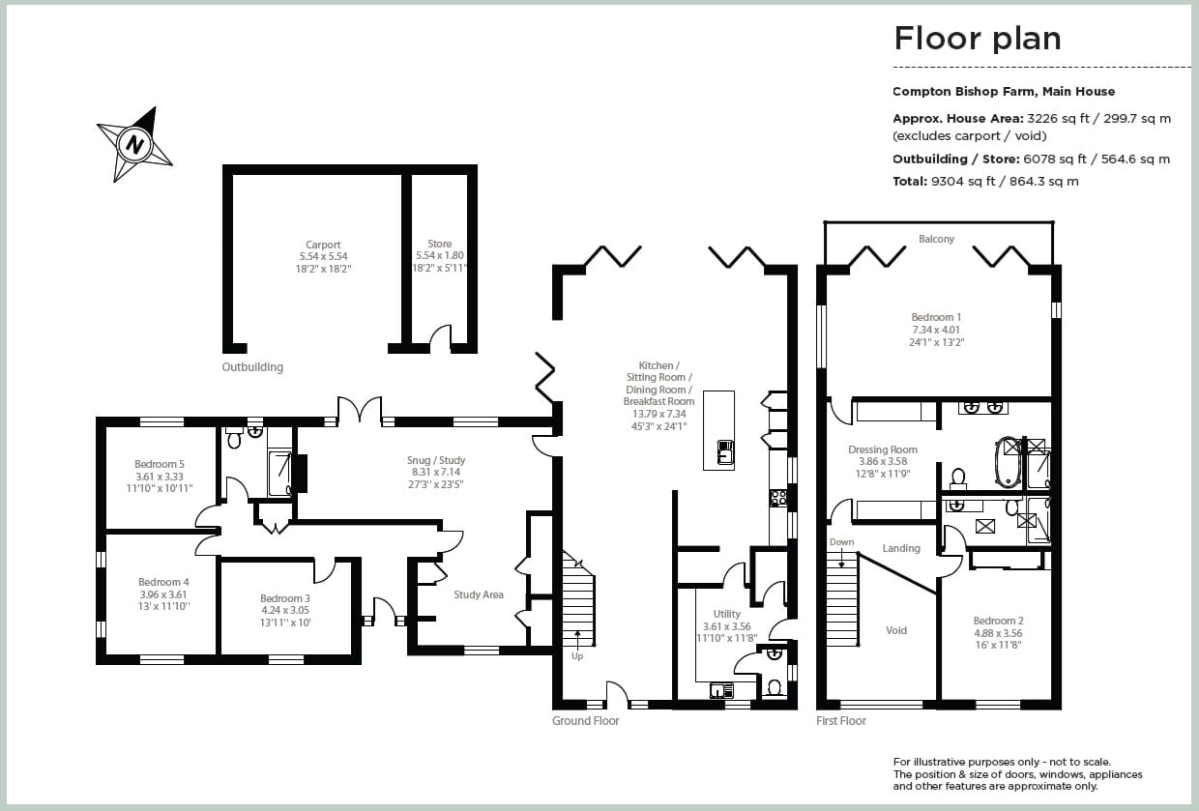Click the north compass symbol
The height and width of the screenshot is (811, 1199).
point(134,145)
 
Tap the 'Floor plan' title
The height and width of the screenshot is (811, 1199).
point(977,39)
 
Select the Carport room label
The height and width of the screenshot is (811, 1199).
point(323,246)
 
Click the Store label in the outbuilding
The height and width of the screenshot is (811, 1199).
point(439,245)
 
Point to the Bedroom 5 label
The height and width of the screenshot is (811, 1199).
point(160,464)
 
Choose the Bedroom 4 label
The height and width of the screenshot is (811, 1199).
point(162,582)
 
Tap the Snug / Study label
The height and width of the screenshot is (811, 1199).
point(437,460)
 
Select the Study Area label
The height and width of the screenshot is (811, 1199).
point(479,594)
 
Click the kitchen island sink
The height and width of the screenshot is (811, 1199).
point(724,450)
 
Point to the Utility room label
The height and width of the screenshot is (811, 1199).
point(726,614)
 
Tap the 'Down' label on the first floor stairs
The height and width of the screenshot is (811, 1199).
point(841,542)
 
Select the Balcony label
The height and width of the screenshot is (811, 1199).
point(936,239)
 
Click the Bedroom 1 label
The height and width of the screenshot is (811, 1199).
point(936,317)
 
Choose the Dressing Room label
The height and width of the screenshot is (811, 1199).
point(882,449)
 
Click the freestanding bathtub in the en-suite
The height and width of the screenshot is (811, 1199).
point(1009,463)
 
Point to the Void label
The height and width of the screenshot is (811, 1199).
point(896,630)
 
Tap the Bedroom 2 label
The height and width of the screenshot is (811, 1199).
point(998,621)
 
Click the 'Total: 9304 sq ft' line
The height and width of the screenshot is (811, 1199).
point(985,181)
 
